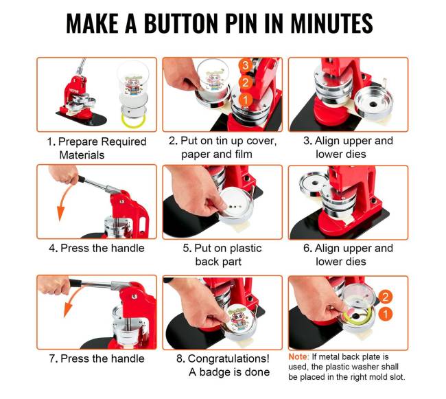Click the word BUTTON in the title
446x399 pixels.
[x=181, y=23]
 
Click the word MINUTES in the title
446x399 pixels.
[x=331, y=23]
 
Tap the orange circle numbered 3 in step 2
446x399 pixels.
[x=245, y=66]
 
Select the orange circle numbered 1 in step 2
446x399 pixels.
[x=245, y=100]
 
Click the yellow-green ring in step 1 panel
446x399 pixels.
[x=133, y=120]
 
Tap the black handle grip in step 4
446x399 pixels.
[x=82, y=179]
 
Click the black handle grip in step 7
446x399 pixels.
[x=75, y=283]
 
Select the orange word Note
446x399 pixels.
[x=298, y=356]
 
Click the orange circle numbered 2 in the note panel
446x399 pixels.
[x=385, y=297]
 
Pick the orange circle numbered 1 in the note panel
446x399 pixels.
[x=385, y=315]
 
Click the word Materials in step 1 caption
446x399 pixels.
[x=82, y=155]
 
